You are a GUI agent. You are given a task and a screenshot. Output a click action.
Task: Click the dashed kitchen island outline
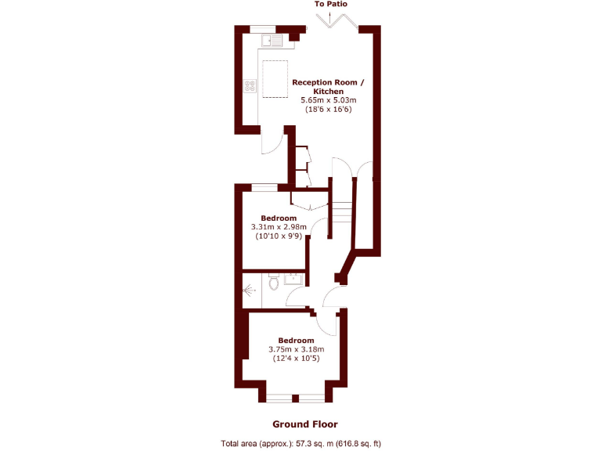pyautogui.click(x=274, y=79)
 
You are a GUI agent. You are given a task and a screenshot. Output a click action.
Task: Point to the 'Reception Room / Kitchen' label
pyautogui.click(x=329, y=86)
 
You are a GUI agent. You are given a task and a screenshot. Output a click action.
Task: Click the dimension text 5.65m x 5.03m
pyautogui.click(x=329, y=100)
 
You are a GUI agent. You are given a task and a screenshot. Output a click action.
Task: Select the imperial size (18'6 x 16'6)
pyautogui.click(x=329, y=110)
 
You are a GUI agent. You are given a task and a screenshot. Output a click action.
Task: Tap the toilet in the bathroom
pyautogui.click(x=272, y=283)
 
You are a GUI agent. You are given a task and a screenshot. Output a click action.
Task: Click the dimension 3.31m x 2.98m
pyautogui.click(x=279, y=227)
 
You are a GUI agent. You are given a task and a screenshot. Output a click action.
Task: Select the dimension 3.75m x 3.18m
pyautogui.click(x=296, y=349)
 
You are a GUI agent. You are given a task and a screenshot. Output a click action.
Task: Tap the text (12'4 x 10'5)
pyautogui.click(x=296, y=359)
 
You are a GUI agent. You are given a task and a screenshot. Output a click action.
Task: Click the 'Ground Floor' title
pyautogui.click(x=304, y=424)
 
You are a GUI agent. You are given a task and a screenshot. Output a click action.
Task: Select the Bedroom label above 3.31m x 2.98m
pyautogui.click(x=279, y=218)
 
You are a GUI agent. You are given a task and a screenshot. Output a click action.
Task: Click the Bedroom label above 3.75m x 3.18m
pyautogui.click(x=296, y=340)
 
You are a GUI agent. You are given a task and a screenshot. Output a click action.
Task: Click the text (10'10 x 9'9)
pyautogui.click(x=279, y=236)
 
